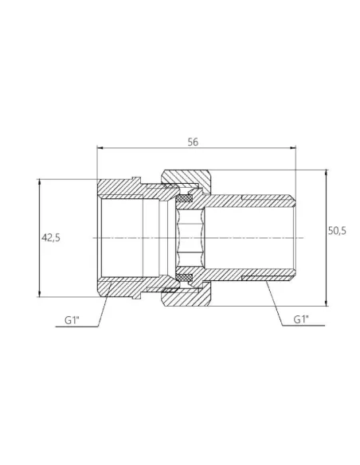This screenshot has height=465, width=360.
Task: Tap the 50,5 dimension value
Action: tap(337, 231)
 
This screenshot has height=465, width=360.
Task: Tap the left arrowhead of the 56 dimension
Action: tap(100, 148)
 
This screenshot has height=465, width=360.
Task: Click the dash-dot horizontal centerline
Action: tap(239, 238)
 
